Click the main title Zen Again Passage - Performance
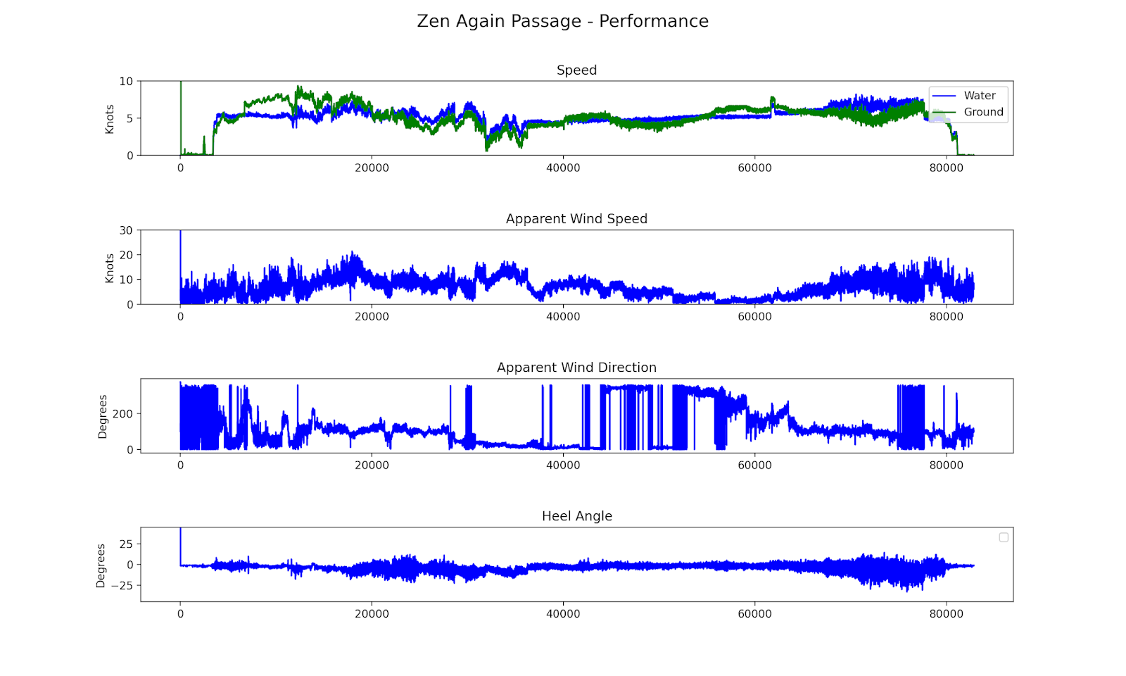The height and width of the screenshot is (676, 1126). tap(562, 21)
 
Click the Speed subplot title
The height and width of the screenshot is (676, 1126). tap(576, 70)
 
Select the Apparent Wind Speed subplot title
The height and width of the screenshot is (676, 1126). tap(576, 218)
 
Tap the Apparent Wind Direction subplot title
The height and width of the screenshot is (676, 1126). tap(576, 367)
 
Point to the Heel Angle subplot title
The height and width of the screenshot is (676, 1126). tap(576, 515)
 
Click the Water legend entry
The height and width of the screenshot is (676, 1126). tap(979, 96)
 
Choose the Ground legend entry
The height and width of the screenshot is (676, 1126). tap(983, 112)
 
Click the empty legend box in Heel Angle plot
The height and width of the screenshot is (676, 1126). tap(1004, 537)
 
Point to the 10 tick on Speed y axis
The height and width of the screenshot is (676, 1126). tap(126, 82)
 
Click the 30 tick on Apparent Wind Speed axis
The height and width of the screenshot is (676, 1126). tap(126, 230)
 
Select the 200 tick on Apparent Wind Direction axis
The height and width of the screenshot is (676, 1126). tap(122, 413)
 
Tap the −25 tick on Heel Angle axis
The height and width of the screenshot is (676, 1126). tap(121, 585)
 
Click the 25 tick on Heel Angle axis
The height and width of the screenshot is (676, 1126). tap(126, 544)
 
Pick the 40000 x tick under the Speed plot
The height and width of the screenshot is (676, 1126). tap(563, 168)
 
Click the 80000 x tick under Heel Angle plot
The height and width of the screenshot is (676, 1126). tap(946, 613)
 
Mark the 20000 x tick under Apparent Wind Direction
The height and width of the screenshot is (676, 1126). tap(372, 465)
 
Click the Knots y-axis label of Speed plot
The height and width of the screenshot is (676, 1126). tap(110, 119)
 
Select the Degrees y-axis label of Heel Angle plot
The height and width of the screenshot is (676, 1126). tap(101, 565)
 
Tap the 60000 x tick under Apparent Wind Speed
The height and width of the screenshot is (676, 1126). tap(754, 316)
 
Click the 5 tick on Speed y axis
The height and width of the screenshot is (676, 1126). tap(129, 118)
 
